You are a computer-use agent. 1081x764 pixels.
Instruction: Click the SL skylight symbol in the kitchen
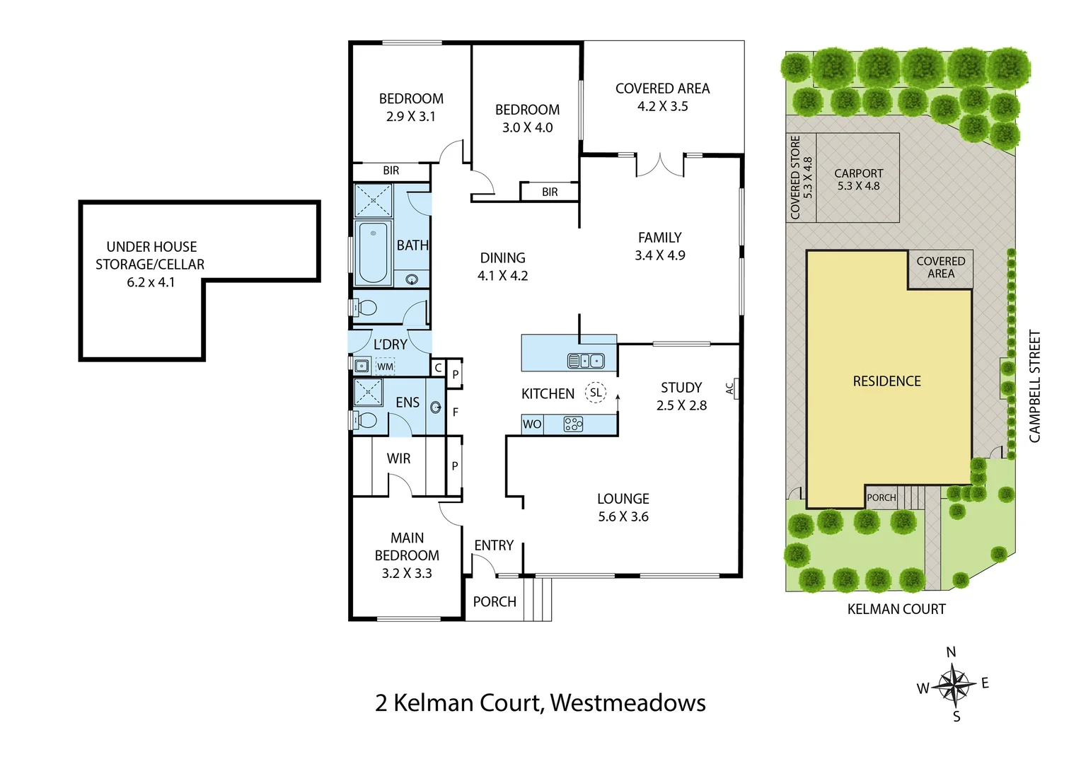596,393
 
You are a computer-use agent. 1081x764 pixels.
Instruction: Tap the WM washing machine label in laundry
385,366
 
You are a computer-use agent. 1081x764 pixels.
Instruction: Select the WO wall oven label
532,424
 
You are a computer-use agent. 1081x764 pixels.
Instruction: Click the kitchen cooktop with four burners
573,424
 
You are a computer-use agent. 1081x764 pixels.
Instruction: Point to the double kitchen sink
586,361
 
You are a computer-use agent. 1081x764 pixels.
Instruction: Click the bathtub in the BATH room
373,253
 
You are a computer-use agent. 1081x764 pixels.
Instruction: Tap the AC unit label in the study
730,388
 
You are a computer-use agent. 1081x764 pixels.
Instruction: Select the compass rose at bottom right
954,685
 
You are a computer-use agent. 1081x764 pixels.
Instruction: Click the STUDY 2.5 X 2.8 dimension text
681,405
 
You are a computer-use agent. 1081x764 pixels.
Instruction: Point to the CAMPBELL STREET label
1035,386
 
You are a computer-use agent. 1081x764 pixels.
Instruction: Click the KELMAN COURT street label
896,609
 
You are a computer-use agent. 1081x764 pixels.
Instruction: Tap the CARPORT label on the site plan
858,173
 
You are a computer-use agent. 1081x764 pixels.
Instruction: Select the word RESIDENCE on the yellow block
886,381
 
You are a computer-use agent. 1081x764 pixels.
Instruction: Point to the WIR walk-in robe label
398,458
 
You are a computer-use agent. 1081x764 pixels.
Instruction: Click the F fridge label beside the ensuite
455,412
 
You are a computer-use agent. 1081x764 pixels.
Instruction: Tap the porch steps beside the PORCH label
542,599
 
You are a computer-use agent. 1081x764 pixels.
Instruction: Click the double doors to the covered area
659,165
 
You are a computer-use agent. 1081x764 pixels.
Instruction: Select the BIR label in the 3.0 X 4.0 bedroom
550,192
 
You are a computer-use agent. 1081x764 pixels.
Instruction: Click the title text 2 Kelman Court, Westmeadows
540,702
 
